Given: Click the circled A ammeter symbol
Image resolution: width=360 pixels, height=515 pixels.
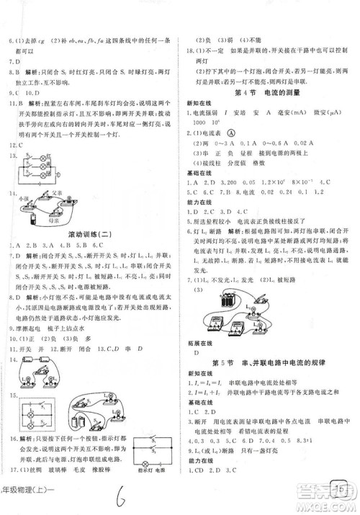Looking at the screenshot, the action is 251,134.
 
